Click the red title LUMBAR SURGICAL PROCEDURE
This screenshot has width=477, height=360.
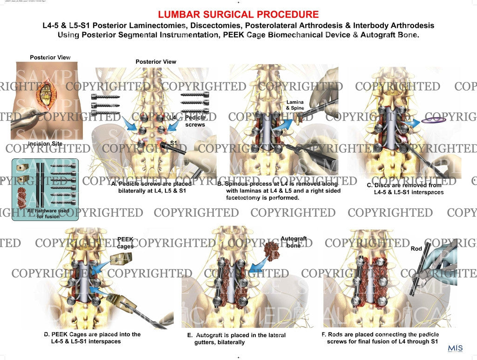238,14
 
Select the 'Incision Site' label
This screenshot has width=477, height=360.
46,143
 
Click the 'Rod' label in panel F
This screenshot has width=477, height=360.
416,249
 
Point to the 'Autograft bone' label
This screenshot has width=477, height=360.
293,242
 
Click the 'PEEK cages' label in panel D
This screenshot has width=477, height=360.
125,243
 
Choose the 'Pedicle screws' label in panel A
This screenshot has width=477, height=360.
195,122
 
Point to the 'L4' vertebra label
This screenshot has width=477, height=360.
173,118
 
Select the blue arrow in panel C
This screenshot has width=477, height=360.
412,122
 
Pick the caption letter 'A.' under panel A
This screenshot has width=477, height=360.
114,183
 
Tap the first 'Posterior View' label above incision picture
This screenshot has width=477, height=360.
50,57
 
